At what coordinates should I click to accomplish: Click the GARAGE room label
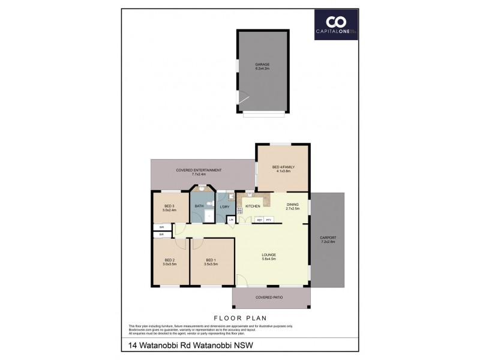(x=262, y=66)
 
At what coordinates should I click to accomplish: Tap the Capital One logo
(x=337, y=25)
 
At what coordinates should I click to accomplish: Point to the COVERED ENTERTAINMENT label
(x=199, y=172)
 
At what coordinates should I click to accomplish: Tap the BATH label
(x=199, y=206)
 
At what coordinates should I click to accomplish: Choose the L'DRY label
(x=224, y=207)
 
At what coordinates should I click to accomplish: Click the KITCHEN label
(x=253, y=206)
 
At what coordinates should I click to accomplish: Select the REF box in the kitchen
(x=259, y=220)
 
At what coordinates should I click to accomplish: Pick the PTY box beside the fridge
(x=269, y=220)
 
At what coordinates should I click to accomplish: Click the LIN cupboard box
(x=232, y=220)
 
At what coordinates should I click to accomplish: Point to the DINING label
(x=292, y=207)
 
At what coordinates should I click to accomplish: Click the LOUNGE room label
(x=268, y=257)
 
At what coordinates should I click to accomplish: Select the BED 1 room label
(x=211, y=262)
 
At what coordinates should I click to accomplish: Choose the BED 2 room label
(x=169, y=262)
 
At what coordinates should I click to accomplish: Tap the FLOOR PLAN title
(x=240, y=318)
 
